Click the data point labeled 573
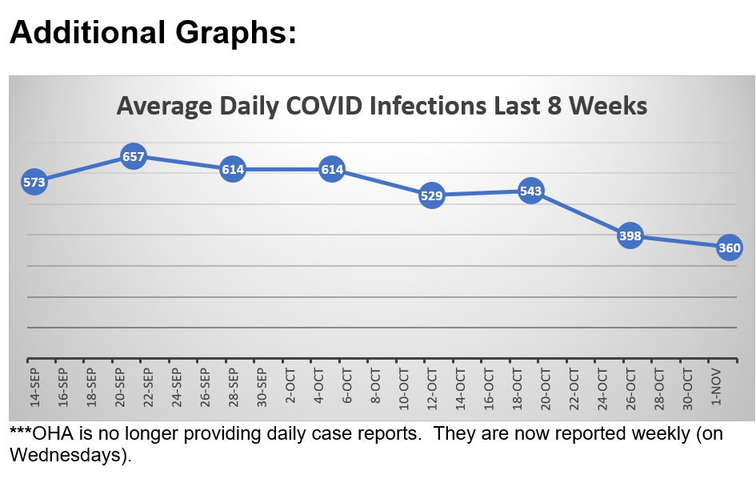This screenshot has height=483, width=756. tap(34, 183)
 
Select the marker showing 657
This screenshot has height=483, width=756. tap(133, 157)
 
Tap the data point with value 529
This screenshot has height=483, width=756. tap(432, 195)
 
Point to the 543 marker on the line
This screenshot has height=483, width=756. tap(531, 191)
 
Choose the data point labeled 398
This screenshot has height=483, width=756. tap(630, 236)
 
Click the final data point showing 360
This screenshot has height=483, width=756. tap(730, 248)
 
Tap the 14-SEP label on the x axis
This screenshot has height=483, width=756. tap(34, 388)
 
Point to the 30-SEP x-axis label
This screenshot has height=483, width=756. tap(262, 388)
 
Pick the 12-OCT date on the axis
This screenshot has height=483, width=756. tap(432, 388)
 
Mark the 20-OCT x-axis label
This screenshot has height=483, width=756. tap(546, 388)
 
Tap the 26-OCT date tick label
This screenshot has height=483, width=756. tap(630, 388)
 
